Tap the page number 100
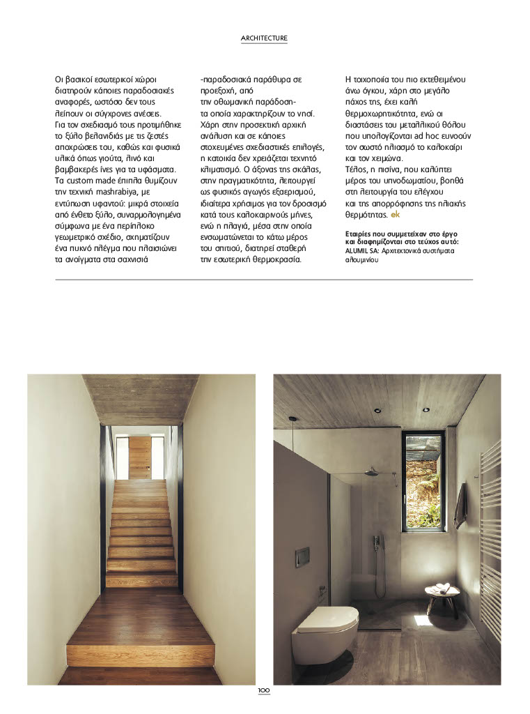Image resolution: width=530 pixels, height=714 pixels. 264,690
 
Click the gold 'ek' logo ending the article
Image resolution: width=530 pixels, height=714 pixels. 396,214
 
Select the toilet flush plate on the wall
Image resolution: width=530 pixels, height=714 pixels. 302,556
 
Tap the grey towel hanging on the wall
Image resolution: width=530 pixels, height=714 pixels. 460,506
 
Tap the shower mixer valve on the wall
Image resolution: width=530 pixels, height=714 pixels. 376,541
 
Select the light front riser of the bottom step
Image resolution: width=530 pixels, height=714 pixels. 132,655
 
